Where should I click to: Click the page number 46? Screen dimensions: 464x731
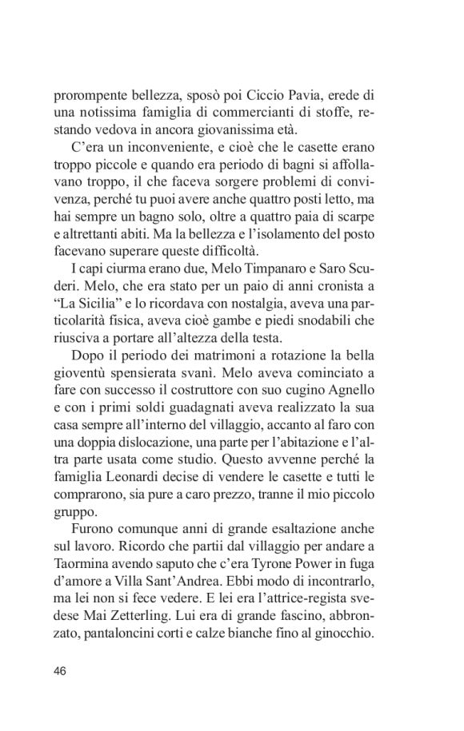point(61,669)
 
